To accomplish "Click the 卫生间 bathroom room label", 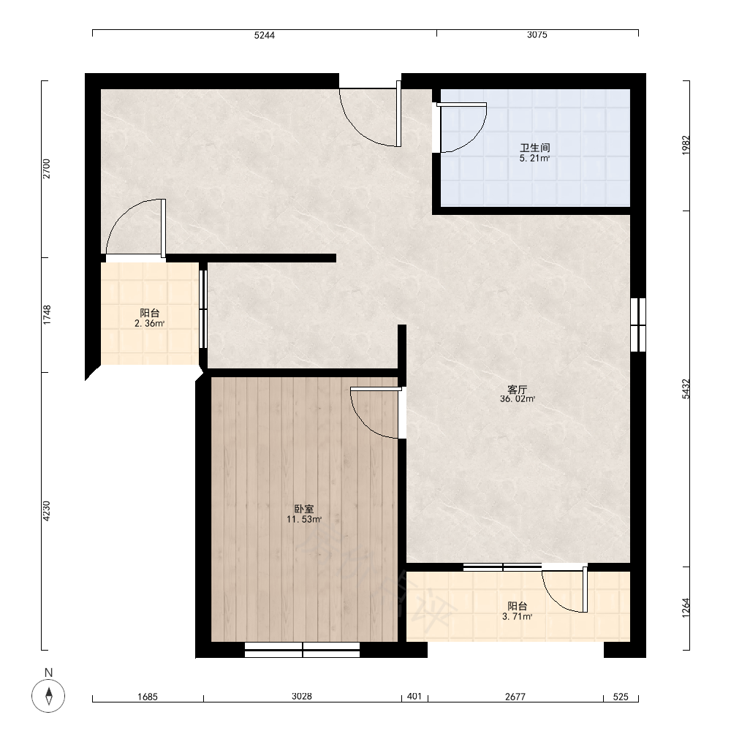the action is point(535,148).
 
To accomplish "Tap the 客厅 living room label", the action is point(517,390).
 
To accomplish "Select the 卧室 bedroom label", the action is point(303,509).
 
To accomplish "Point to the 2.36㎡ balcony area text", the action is point(150,324).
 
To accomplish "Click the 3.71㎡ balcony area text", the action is point(517,616).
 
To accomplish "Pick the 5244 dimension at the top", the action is point(265,35).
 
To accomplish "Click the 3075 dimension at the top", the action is point(537,35).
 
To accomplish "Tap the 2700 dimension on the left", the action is point(47,169).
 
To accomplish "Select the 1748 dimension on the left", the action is point(47,315).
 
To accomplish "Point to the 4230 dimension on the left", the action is point(47,511).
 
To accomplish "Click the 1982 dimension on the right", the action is point(686,145).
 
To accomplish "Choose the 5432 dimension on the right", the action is point(686,389).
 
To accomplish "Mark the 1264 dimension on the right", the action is point(686,608).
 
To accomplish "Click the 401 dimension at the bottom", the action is point(414,697).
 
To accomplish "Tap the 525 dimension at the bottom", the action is point(621,697).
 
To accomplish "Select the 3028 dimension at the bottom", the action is point(302,697).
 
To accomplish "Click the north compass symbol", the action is point(48,696).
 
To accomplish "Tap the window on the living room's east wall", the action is point(637,325).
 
